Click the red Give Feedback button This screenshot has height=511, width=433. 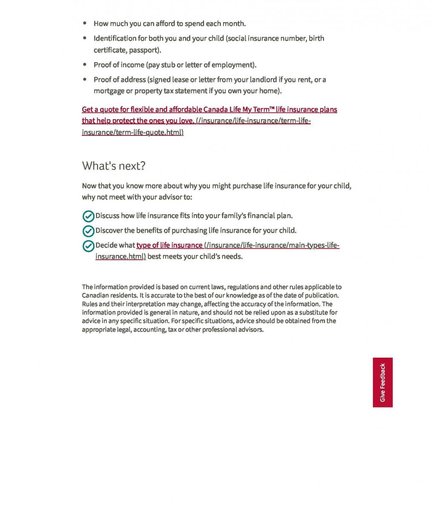click(x=382, y=382)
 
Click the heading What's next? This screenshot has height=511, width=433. click(x=114, y=166)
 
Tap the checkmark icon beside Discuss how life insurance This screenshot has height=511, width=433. click(x=88, y=216)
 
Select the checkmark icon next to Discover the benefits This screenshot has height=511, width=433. click(x=88, y=231)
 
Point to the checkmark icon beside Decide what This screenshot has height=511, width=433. click(x=88, y=246)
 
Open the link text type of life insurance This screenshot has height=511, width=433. click(x=169, y=245)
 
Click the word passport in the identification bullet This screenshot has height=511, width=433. click(x=145, y=50)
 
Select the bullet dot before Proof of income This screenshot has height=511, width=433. click(x=85, y=65)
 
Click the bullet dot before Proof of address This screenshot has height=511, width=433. click(x=85, y=80)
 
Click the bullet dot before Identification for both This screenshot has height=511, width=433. click(x=85, y=38)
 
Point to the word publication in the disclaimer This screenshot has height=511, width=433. click(x=322, y=296)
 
